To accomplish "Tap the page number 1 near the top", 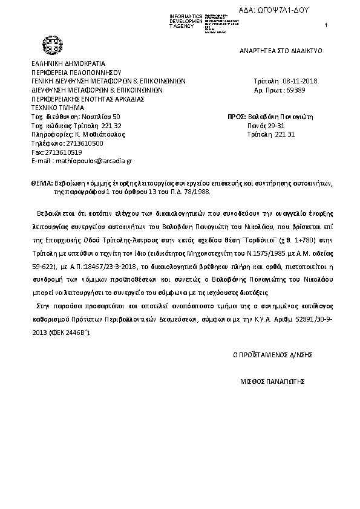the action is (326, 24).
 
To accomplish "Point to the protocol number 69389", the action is (296, 89).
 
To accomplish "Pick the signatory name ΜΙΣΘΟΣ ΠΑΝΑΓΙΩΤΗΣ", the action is (272, 382).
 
